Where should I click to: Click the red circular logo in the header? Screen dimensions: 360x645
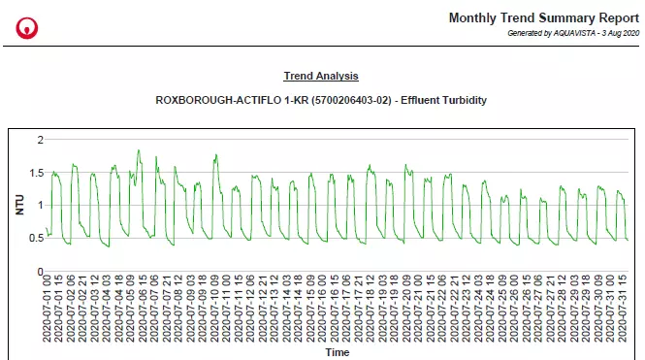point(27,27)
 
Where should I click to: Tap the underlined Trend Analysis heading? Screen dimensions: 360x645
point(321,76)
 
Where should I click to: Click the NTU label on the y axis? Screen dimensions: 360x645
point(18,205)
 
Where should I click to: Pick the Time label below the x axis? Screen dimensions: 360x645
point(337,353)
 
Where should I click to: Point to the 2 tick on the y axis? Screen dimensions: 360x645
point(40,141)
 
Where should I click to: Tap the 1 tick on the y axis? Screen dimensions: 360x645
point(40,206)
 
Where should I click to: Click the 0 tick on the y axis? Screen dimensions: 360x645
point(40,271)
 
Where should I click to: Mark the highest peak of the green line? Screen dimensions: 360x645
point(139,150)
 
